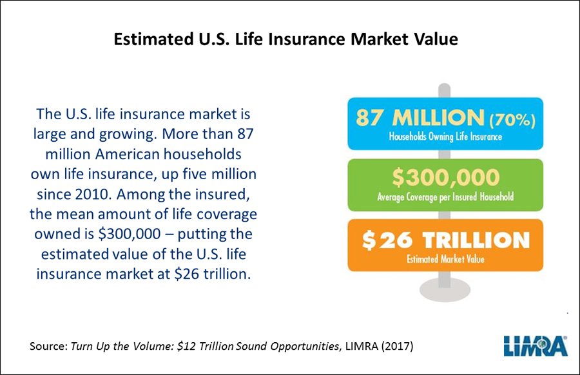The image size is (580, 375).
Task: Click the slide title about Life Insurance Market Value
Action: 285,39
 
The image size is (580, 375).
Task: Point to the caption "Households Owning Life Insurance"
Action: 445,137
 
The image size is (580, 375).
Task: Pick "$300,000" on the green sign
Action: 445,178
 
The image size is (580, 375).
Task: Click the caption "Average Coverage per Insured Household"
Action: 445,197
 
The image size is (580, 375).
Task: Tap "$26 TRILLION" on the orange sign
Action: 445,240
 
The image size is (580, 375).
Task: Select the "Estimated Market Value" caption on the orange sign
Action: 445,260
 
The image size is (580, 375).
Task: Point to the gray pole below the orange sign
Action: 445,281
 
